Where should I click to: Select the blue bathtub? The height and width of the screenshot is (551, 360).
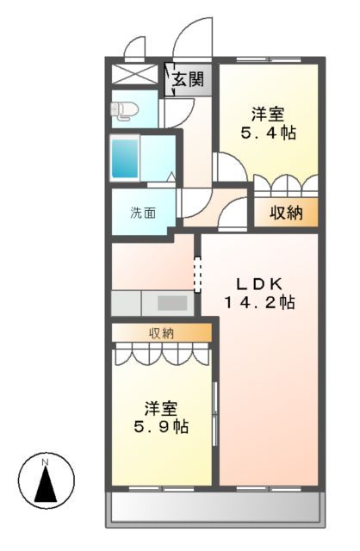[x=125, y=157]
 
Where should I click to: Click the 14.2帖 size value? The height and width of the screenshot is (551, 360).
[x=259, y=303]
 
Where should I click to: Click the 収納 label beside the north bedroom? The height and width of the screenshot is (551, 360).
[x=282, y=213]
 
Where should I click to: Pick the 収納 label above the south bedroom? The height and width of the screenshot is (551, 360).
[x=162, y=332]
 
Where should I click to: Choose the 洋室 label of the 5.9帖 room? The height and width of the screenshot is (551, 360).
[x=161, y=406]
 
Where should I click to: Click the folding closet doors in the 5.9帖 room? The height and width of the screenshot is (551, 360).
[x=162, y=352]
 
